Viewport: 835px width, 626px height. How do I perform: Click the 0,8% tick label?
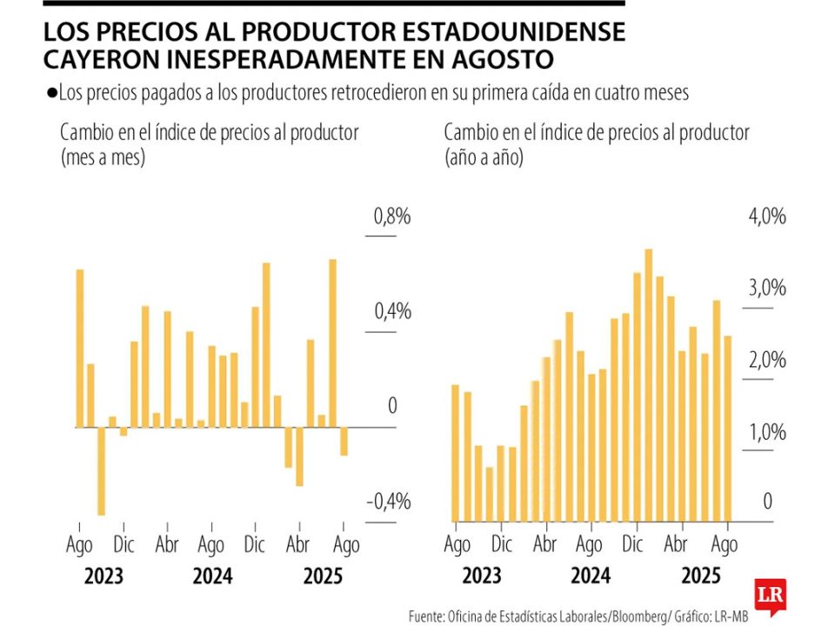coord(391,217)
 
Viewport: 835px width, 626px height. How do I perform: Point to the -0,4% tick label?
coord(387,503)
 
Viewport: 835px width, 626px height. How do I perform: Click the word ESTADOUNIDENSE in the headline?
coord(504,31)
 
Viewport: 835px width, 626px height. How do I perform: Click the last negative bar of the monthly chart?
coord(344,442)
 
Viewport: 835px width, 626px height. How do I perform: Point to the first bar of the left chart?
coord(79,348)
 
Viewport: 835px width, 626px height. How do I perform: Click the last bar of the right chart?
coord(727,428)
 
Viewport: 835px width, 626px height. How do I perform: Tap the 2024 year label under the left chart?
coord(211,576)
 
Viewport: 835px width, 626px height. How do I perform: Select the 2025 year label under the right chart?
coord(701,576)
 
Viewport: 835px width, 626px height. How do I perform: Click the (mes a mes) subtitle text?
coord(103,158)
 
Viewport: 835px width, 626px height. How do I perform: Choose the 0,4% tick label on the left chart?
coord(391,312)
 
